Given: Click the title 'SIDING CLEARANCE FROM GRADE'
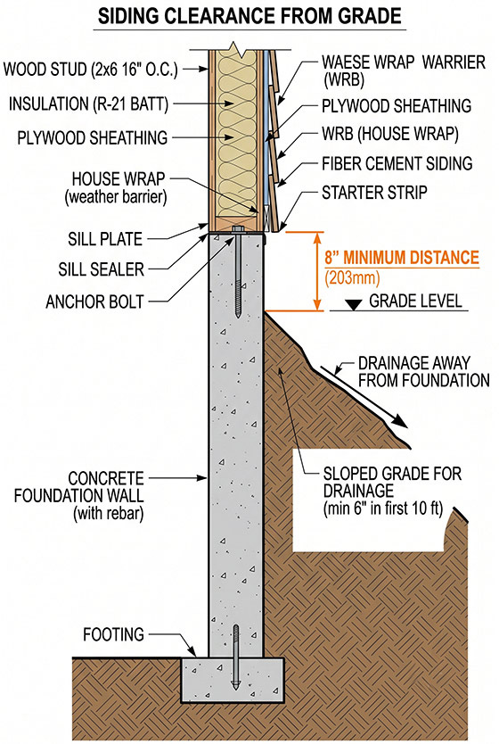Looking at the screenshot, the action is click(250, 17).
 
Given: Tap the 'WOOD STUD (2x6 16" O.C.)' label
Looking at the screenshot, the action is click(91, 70).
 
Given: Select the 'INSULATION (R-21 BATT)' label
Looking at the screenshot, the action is click(88, 103).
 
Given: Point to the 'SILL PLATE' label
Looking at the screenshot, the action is click(105, 239).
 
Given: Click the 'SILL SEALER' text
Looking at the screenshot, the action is click(101, 269).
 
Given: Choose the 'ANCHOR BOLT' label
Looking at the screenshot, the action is click(94, 302).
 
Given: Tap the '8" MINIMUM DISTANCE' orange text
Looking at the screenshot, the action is click(402, 258).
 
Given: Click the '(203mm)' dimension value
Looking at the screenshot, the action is click(352, 277).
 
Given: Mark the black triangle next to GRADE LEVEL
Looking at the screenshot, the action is click(353, 304).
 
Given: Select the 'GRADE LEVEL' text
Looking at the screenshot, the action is click(415, 301).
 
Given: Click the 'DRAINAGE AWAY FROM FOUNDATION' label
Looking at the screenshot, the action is click(423, 372).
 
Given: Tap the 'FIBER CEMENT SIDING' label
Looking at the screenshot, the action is click(397, 164).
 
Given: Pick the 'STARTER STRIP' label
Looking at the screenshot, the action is click(374, 193).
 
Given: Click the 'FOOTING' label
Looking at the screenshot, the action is click(113, 634).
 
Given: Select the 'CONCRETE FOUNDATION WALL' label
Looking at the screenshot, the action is click(78, 496).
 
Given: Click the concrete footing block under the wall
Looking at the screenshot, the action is click(233, 680).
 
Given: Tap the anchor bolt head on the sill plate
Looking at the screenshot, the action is click(237, 229).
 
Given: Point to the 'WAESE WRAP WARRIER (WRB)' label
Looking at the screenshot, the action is click(404, 70).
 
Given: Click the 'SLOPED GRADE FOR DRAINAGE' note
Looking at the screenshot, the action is click(392, 491).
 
